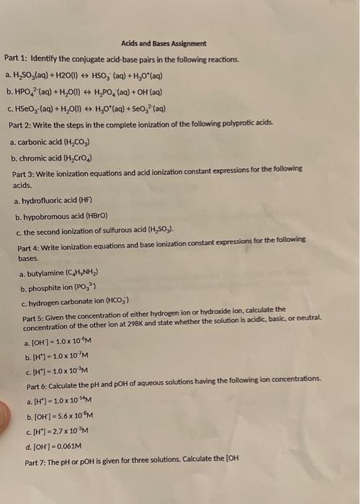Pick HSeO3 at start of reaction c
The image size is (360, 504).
coord(27,108)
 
